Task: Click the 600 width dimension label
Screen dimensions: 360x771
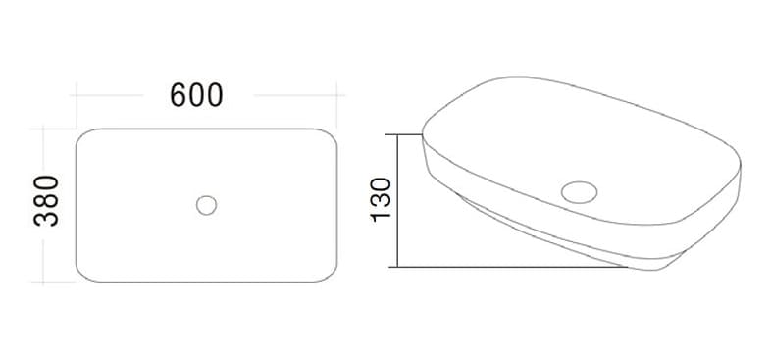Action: [x=197, y=95]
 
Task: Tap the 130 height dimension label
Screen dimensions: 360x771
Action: [x=382, y=198]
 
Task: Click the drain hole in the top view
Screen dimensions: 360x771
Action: [x=206, y=205]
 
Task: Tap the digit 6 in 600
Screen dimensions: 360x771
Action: [x=180, y=95]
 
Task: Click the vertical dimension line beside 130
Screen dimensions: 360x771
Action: [x=396, y=201]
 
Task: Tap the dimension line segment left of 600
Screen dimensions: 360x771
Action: [x=118, y=96]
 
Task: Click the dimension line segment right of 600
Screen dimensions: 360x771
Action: [x=294, y=96]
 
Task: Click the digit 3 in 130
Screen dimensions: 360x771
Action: [x=382, y=198]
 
